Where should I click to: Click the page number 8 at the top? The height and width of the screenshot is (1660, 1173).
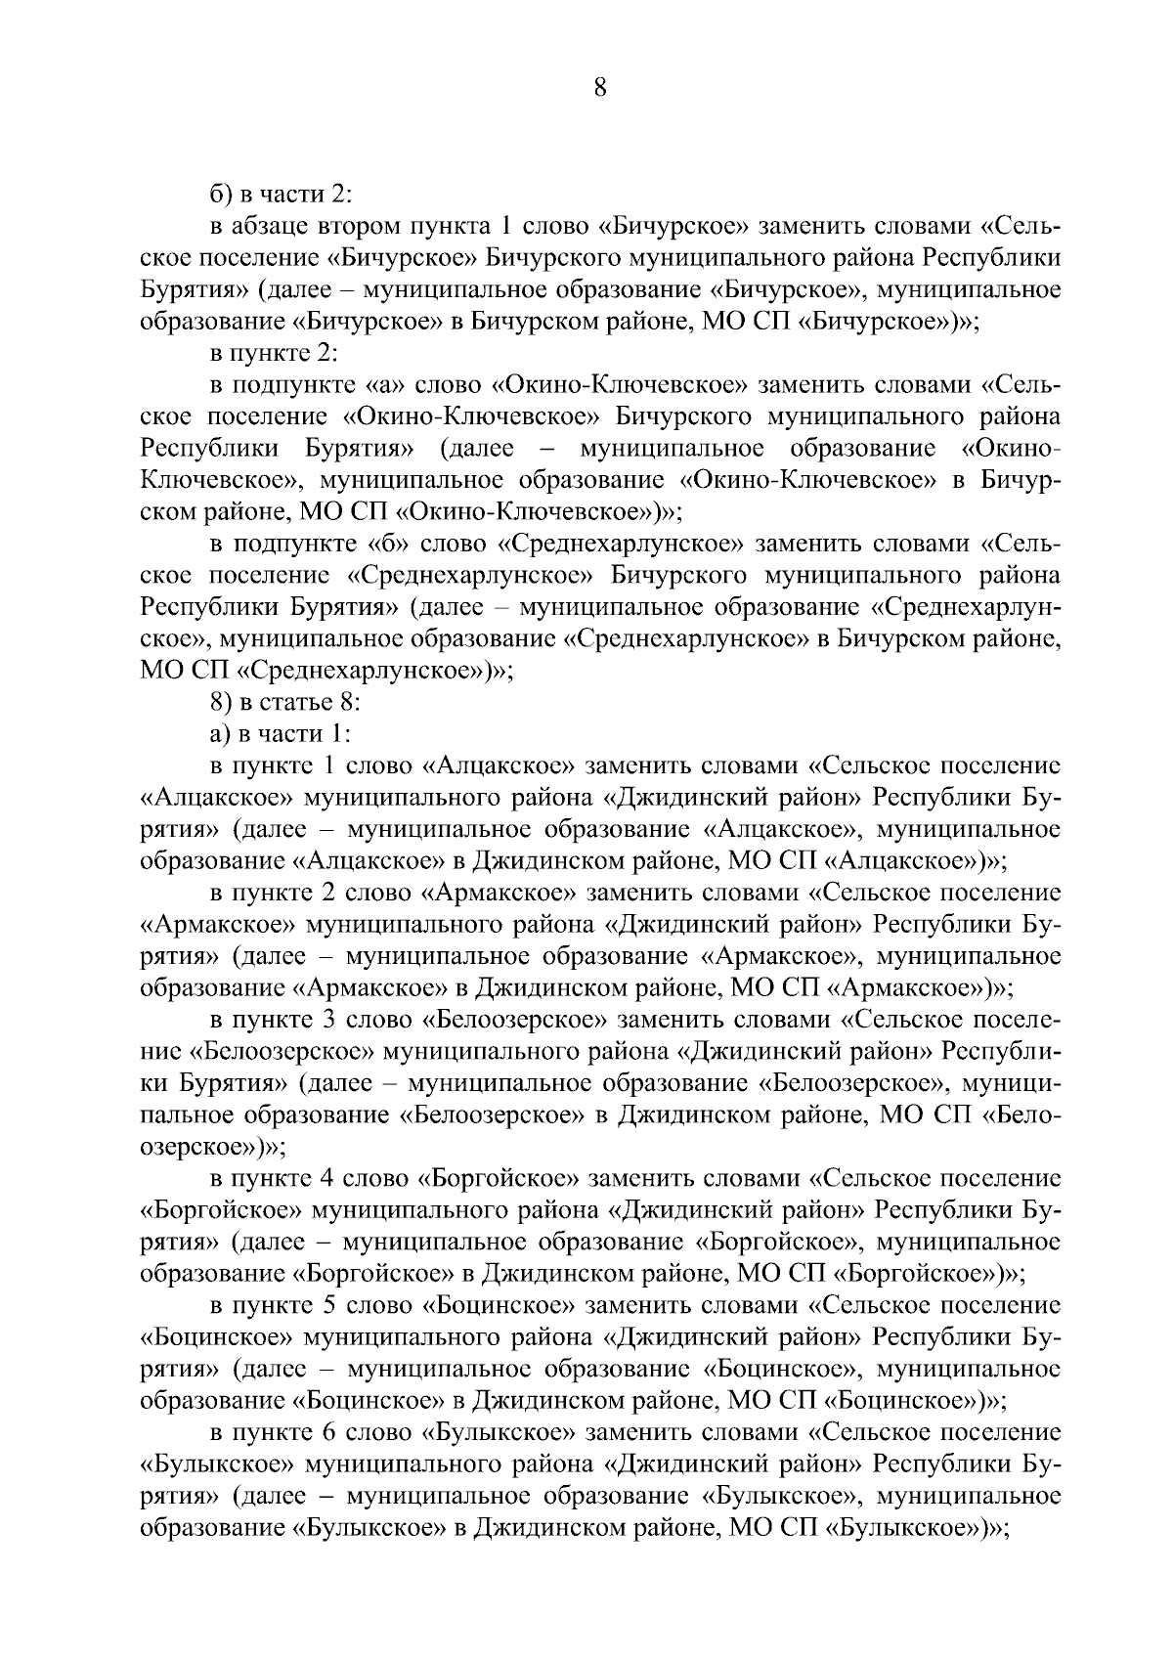[600, 88]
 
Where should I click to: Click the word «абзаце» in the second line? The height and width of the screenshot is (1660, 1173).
[272, 228]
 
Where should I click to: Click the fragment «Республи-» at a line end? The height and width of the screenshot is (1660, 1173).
[1006, 1051]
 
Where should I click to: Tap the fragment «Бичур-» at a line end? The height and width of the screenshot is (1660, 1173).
[1021, 480]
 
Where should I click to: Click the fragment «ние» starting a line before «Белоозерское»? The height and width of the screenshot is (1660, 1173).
[158, 1052]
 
